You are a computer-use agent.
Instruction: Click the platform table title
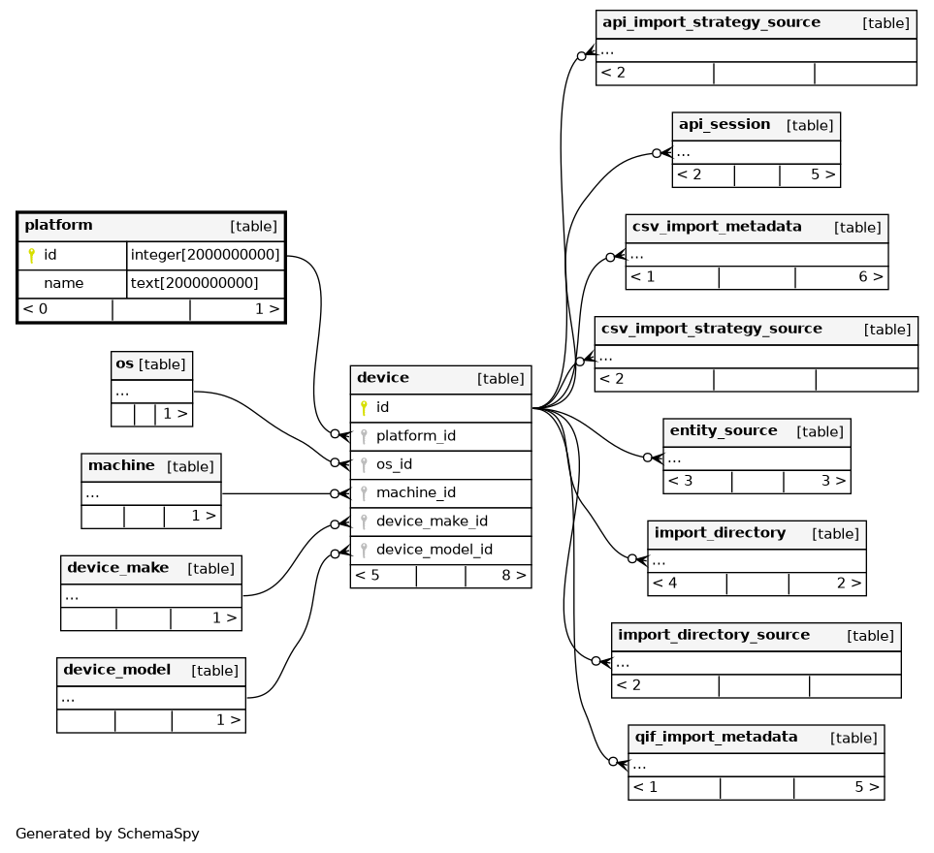tap(58, 225)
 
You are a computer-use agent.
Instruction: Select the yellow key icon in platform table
tap(32, 255)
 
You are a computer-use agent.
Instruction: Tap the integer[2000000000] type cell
tap(205, 255)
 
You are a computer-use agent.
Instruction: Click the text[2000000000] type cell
tap(194, 283)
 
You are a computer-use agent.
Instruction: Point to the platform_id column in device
tap(416, 436)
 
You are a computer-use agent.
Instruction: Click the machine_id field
tap(416, 492)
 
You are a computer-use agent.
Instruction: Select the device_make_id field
tap(432, 521)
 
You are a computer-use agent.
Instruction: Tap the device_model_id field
tap(435, 550)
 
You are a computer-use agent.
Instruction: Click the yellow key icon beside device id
tap(364, 408)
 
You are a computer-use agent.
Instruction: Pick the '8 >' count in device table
tap(513, 575)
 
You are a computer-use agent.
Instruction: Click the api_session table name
tap(725, 124)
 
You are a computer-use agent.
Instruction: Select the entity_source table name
tap(724, 430)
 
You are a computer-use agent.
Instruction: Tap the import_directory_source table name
tap(714, 635)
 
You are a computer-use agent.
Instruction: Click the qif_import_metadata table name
tap(716, 737)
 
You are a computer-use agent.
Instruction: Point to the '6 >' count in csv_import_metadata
tap(871, 277)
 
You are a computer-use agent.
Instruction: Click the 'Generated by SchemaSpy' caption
tap(108, 834)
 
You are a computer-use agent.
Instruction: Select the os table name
tap(124, 363)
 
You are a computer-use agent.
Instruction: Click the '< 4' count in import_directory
tap(664, 583)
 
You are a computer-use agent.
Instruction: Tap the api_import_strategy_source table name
tap(711, 22)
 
